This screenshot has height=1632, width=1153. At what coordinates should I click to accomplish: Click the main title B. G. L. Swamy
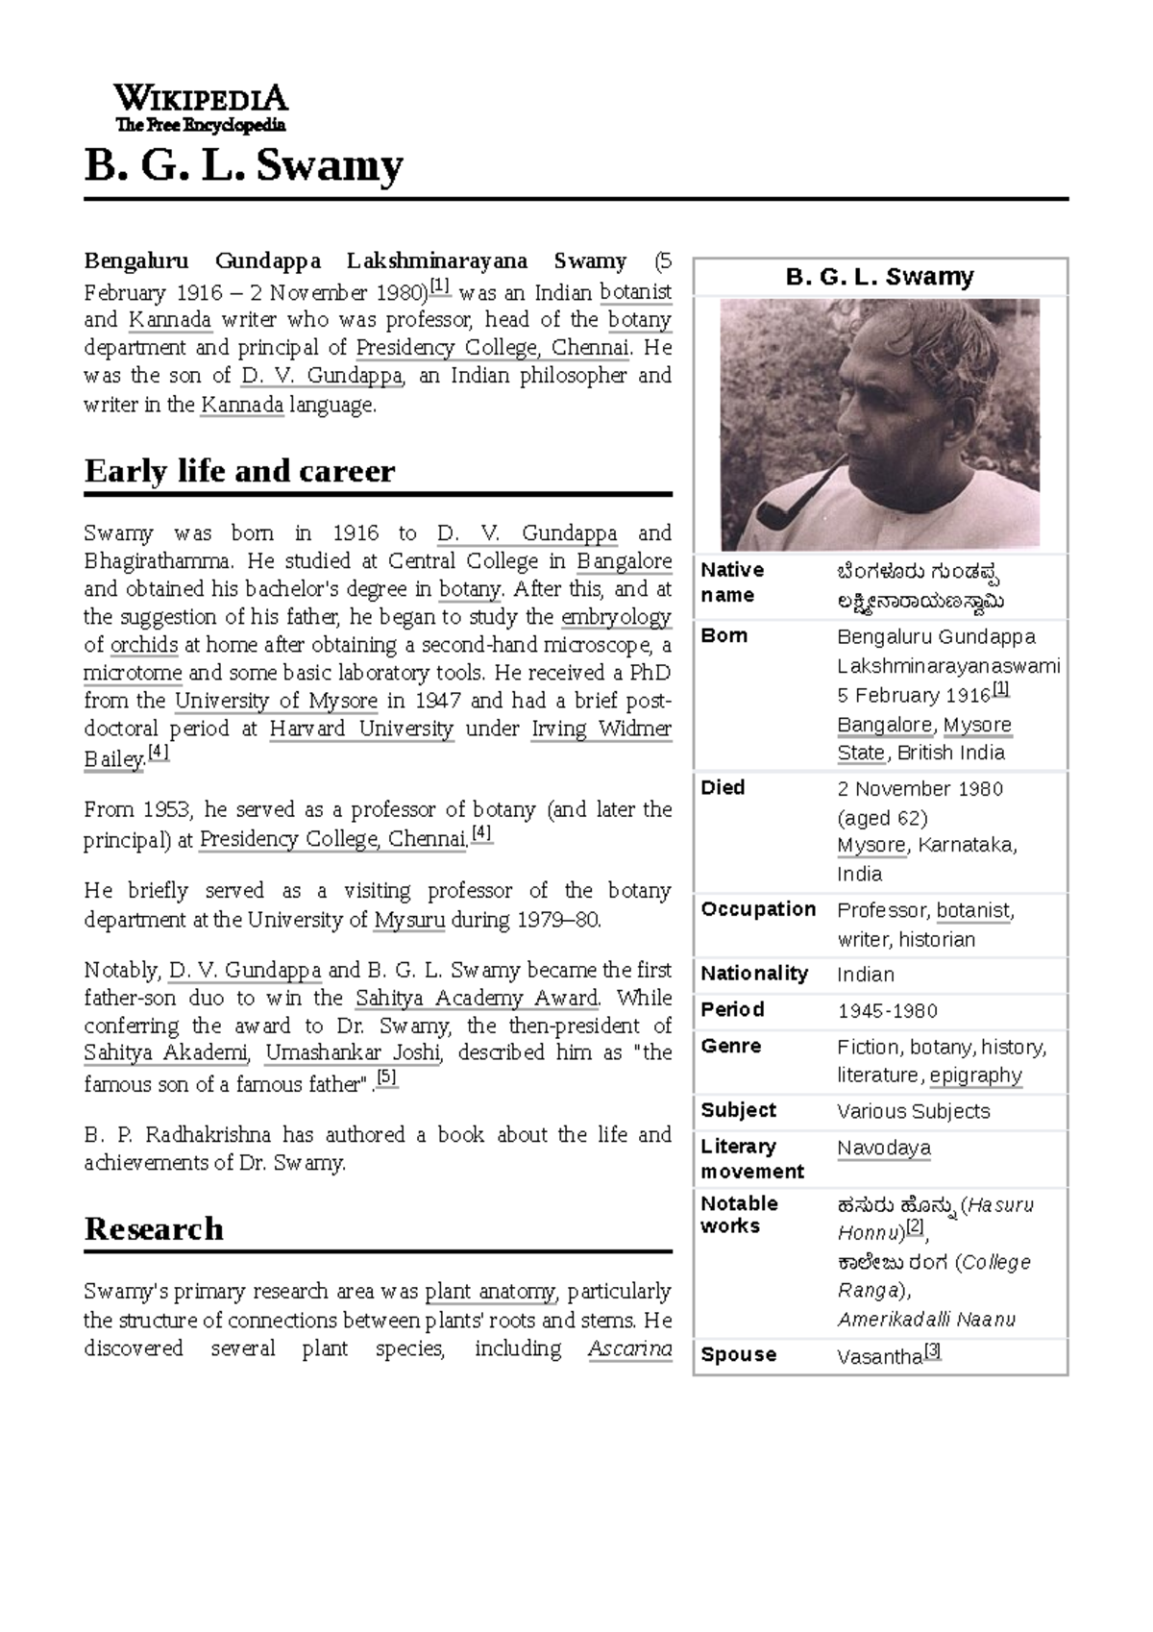(x=243, y=166)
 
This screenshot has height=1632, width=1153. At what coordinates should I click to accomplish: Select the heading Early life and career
(x=239, y=471)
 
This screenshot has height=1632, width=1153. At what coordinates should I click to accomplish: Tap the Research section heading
(x=154, y=1228)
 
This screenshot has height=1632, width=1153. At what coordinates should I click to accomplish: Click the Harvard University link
(x=361, y=729)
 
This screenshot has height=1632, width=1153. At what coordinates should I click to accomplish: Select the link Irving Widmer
(x=601, y=729)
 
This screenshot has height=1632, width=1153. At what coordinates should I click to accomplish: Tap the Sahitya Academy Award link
(x=478, y=998)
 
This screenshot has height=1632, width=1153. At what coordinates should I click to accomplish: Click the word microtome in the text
(x=133, y=673)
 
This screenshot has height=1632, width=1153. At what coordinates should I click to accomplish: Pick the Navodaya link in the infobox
(x=883, y=1148)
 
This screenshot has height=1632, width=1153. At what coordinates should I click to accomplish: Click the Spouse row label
(x=738, y=1354)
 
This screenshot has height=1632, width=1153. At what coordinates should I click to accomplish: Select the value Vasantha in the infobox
(x=879, y=1356)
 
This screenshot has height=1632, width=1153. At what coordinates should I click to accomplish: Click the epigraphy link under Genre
(x=975, y=1075)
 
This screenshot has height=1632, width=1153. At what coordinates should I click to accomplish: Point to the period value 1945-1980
(x=886, y=1011)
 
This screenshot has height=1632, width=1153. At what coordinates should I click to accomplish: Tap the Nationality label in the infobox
(x=754, y=974)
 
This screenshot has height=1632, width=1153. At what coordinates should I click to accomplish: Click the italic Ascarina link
(x=629, y=1348)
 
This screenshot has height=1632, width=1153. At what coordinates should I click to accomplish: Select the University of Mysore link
(x=276, y=701)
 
